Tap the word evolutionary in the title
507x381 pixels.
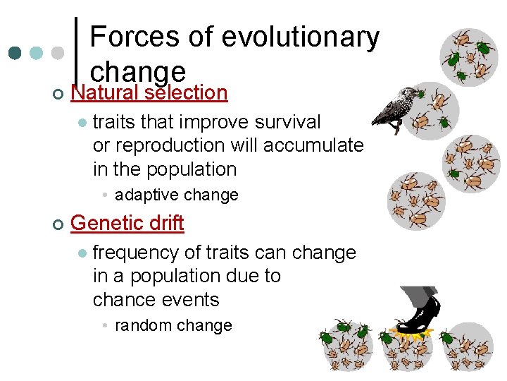pos(300,37)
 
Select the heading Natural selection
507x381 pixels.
pos(149,92)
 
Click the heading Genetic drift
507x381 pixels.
pos(127,223)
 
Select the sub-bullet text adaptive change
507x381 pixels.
pos(177,195)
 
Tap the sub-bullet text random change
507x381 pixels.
pos(173,325)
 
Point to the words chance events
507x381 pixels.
pos(156,300)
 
